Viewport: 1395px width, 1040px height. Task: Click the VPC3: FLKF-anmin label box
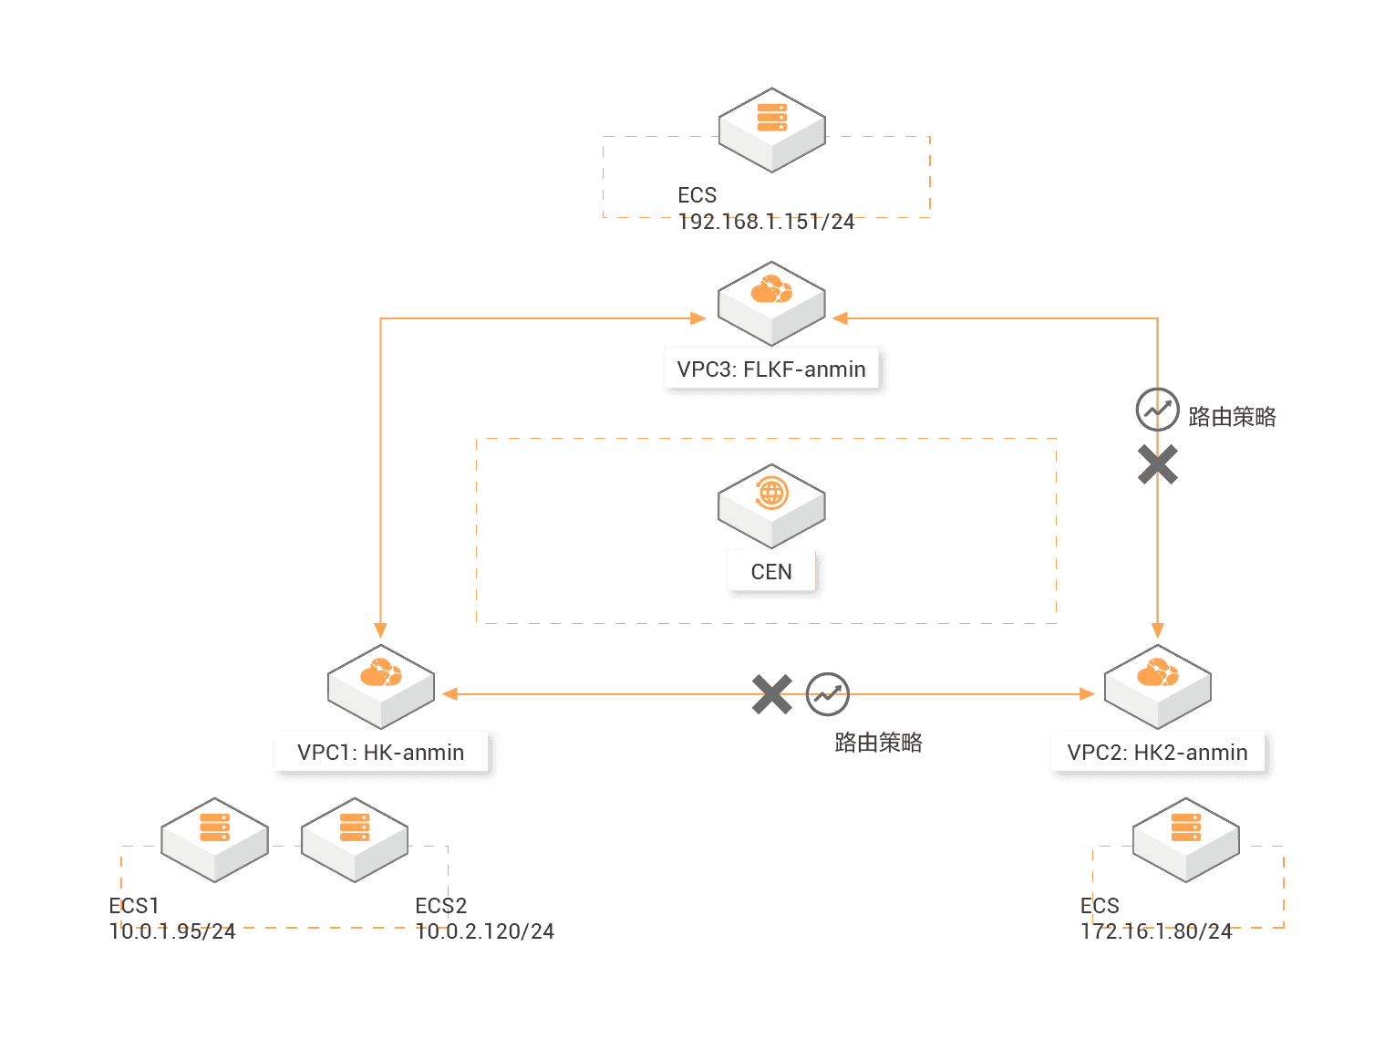click(x=771, y=369)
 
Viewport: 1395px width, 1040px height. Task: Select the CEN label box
click(x=771, y=572)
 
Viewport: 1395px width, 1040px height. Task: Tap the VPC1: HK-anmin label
click(x=381, y=753)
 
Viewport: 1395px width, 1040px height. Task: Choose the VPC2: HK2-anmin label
click(x=1157, y=753)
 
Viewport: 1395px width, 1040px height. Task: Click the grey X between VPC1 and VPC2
click(x=772, y=694)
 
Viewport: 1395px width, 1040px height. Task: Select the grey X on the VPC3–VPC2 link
click(x=1157, y=464)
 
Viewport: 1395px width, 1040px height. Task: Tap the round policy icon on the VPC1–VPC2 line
click(x=828, y=694)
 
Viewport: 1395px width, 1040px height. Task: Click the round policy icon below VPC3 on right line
click(x=1157, y=410)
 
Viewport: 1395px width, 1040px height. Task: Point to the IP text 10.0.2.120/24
click(x=485, y=931)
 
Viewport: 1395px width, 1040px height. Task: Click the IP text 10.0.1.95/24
click(x=172, y=931)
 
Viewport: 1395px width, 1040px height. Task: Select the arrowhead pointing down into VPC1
click(x=380, y=629)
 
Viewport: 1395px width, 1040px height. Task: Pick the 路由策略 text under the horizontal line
click(x=878, y=743)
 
